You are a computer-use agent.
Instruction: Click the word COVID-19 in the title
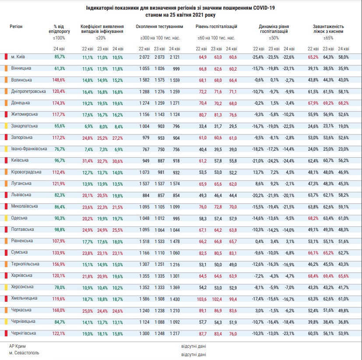[264, 8]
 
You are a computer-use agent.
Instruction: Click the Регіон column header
[16, 27]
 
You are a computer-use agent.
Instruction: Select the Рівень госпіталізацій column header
[216, 27]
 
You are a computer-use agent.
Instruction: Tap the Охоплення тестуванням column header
[159, 27]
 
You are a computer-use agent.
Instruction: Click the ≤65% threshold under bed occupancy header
[328, 38]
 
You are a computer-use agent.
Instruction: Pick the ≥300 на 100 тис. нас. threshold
[160, 38]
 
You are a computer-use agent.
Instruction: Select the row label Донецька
[21, 103]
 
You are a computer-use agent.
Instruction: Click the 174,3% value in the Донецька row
[59, 103]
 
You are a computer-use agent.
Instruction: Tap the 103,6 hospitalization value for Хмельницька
[202, 299]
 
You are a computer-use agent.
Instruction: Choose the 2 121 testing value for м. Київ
[175, 57]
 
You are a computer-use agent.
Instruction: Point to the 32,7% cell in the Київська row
[102, 161]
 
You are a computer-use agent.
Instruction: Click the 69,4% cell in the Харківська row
[328, 276]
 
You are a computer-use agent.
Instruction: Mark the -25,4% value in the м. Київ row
[258, 57]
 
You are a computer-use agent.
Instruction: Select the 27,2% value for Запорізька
[117, 138]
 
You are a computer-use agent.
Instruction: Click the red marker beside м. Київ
[6, 56]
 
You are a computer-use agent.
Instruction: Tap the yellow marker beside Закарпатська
[6, 126]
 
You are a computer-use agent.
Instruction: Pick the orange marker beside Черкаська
[6, 310]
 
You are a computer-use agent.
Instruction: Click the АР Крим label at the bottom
[18, 346]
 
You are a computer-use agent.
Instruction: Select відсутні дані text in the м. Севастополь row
[193, 354]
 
